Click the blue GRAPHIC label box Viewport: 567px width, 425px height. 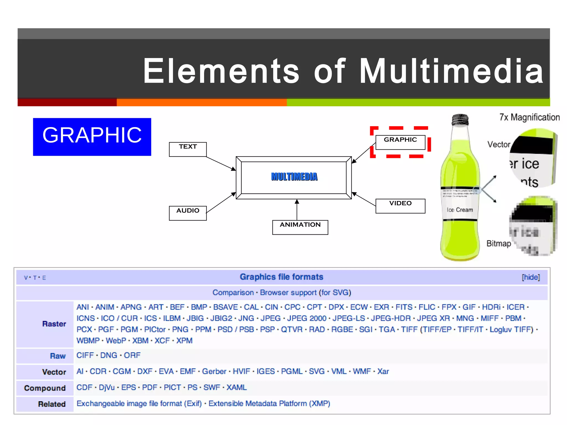point(92,137)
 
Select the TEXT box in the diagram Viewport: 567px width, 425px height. point(188,149)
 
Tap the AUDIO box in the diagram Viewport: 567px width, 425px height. point(188,213)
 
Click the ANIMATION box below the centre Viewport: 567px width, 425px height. point(300,227)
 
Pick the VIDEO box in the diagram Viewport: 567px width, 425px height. point(400,206)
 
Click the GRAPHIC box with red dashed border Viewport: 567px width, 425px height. point(400,142)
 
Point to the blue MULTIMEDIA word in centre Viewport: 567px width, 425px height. point(294,177)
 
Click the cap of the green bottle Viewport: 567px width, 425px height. point(460,120)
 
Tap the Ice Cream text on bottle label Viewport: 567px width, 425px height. point(460,210)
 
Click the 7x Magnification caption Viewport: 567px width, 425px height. point(529,117)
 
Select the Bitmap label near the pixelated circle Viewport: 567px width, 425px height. point(499,243)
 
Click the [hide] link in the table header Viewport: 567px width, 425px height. point(530,277)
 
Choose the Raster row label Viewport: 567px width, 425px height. point(54,324)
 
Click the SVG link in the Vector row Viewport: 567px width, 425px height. point(316,371)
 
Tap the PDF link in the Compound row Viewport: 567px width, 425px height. point(150,387)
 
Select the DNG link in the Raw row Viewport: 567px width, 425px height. point(109,355)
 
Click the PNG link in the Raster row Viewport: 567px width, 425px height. point(180,330)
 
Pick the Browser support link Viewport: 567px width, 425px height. point(288,292)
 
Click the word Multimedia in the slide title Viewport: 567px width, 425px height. point(451,71)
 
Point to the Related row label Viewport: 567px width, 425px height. point(51,404)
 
